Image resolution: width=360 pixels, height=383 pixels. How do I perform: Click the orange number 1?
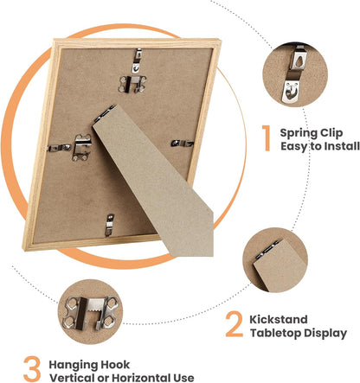(x=267, y=137)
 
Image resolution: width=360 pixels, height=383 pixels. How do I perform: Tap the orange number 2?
(x=235, y=324)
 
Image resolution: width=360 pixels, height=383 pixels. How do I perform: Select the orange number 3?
(x=32, y=369)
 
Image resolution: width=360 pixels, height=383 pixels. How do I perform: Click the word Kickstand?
(x=279, y=319)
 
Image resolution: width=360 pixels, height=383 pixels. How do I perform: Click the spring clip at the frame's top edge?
(x=138, y=61)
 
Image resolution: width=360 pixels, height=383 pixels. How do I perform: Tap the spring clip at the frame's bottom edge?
(x=109, y=225)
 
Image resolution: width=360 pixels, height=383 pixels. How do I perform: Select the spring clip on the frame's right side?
(x=183, y=143)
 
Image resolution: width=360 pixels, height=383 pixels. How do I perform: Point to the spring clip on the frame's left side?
(x=59, y=148)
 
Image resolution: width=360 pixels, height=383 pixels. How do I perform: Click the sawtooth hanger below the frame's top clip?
(x=132, y=84)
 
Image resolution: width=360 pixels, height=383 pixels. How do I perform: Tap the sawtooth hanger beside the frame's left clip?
(x=81, y=148)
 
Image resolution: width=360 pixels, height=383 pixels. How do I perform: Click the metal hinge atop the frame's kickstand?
(x=104, y=113)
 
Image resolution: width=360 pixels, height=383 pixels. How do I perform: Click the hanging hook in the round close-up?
(x=90, y=313)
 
